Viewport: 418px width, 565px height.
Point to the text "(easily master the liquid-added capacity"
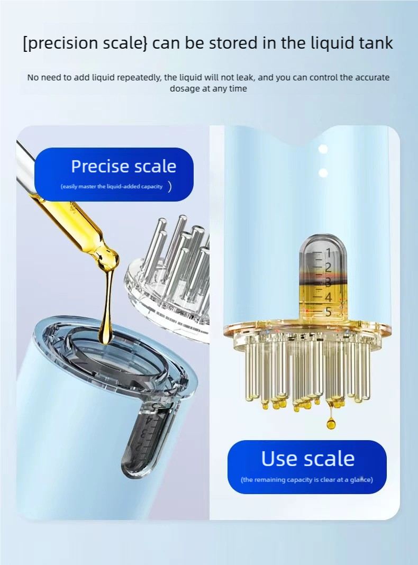pyautogui.click(x=112, y=187)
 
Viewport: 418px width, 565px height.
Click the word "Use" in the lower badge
pyautogui.click(x=279, y=459)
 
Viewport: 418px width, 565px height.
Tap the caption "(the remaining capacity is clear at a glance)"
pyautogui.click(x=307, y=480)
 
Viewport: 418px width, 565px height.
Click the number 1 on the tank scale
pyautogui.click(x=328, y=253)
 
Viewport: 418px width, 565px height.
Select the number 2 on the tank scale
pyautogui.click(x=328, y=268)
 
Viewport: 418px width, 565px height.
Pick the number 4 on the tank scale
pyautogui.click(x=328, y=298)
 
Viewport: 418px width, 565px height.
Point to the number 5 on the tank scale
pyautogui.click(x=328, y=312)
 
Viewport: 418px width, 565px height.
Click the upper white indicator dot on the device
pyautogui.click(x=323, y=149)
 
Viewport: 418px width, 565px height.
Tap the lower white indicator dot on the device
pyautogui.click(x=323, y=173)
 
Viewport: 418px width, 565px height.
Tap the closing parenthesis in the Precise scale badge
pyautogui.click(x=170, y=187)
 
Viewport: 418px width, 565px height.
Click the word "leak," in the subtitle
pyautogui.click(x=247, y=77)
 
